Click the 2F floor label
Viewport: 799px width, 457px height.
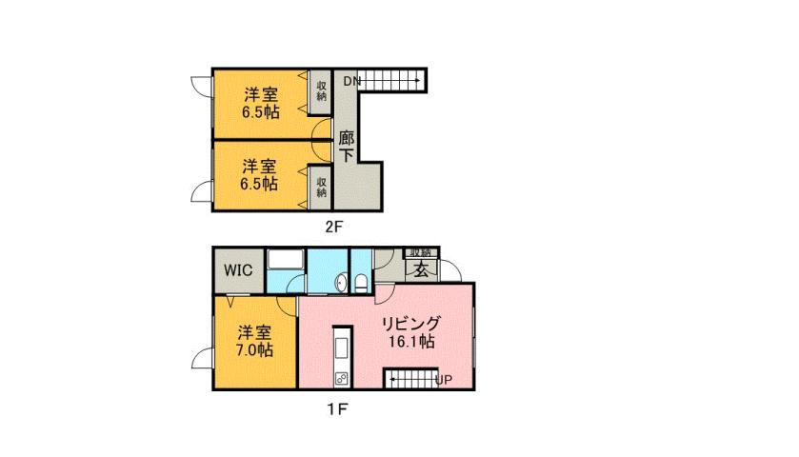(332, 227)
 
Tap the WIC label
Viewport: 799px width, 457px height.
(238, 270)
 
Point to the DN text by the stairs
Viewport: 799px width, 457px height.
(351, 82)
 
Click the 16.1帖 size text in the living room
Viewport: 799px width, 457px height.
(411, 341)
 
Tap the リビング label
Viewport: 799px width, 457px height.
(411, 322)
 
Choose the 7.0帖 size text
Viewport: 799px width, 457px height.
(254, 350)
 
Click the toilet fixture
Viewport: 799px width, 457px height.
(362, 283)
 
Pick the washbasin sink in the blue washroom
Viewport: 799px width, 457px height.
(341, 283)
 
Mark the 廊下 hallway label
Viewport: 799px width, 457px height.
(346, 146)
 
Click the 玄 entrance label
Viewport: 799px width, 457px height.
(420, 269)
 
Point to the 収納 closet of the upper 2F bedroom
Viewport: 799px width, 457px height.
(322, 89)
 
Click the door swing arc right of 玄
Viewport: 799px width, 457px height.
(450, 268)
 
